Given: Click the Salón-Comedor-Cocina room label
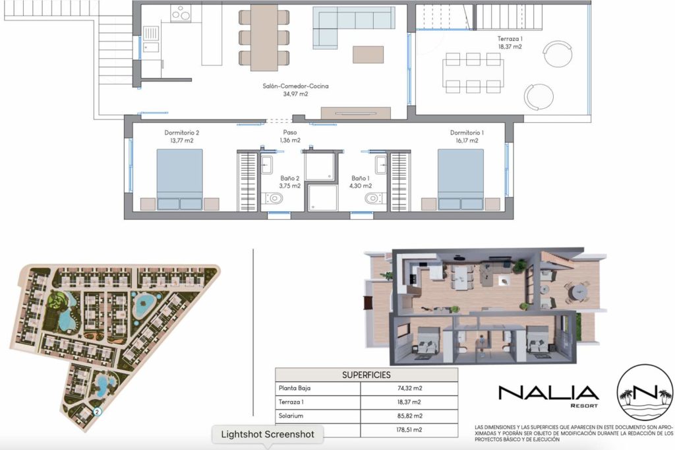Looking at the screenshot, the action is point(295,90).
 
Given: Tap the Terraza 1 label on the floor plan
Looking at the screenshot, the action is point(510,43).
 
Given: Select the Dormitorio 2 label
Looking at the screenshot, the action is point(182,137).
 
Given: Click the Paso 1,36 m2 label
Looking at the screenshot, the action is point(290,136).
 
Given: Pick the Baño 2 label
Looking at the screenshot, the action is point(290,182).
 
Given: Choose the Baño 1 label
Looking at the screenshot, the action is point(361,182).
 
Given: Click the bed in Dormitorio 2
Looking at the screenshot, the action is point(179,179).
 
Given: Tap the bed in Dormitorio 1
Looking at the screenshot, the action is point(461,179).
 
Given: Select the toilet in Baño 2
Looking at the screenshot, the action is point(274,199).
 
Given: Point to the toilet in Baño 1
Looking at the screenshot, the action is point(375,199).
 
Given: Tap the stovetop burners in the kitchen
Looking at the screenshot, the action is point(181,14).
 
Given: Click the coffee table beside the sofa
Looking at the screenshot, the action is point(368,55).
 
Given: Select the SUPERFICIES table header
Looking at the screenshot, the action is point(367,375).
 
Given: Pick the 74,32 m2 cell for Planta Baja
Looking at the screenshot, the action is point(410,389).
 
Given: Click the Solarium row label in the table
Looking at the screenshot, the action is point(291,416).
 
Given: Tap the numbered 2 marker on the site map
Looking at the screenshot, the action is point(98,412).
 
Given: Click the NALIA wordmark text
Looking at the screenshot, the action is point(548,393).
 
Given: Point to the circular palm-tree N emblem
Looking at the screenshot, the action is point(645,391).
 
